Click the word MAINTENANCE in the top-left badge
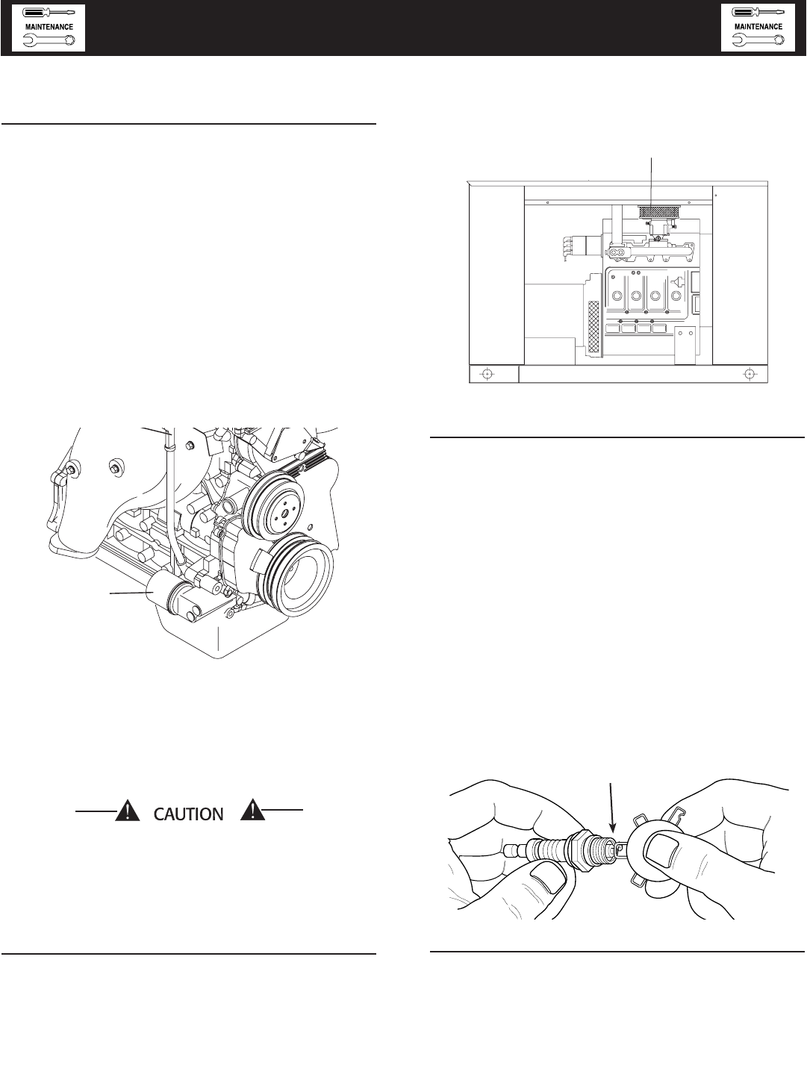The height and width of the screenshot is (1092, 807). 49,27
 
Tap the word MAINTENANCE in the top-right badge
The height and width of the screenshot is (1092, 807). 758,27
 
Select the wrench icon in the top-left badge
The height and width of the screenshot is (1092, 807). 49,40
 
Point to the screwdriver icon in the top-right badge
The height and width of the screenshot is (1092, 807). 758,13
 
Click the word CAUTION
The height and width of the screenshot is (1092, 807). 189,814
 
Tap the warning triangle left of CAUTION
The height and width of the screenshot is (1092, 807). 128,811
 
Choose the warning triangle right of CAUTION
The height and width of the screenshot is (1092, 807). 252,811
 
